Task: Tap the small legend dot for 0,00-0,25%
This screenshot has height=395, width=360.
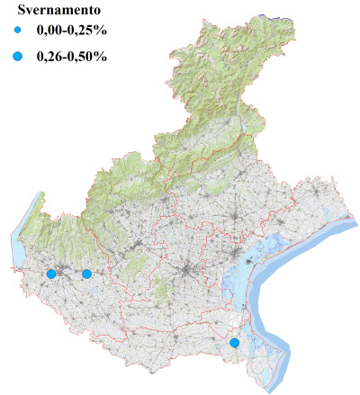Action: pyautogui.click(x=18, y=31)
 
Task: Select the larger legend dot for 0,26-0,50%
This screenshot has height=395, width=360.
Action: pyautogui.click(x=18, y=57)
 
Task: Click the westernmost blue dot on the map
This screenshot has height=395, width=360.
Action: pyautogui.click(x=51, y=274)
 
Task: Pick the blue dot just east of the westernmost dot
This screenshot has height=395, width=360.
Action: pyautogui.click(x=86, y=274)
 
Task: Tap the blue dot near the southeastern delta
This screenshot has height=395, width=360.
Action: pyautogui.click(x=234, y=343)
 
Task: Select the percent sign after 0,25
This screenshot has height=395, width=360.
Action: pyautogui.click(x=101, y=31)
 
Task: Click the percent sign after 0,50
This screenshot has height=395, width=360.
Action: pyautogui.click(x=101, y=57)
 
